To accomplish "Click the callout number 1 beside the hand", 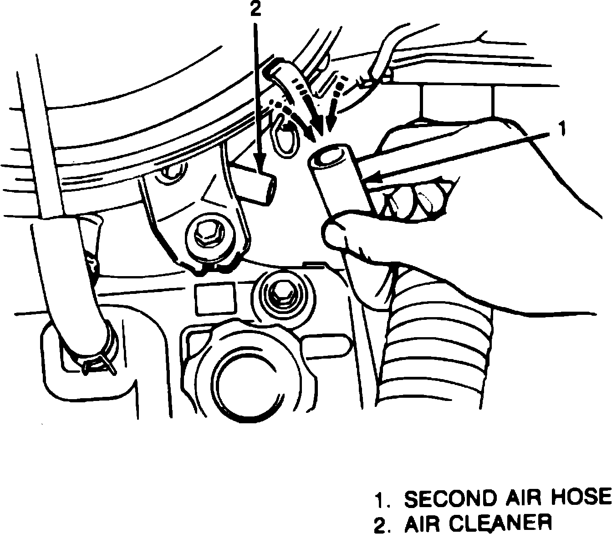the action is (x=562, y=128).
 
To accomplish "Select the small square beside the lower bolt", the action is (x=215, y=299).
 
